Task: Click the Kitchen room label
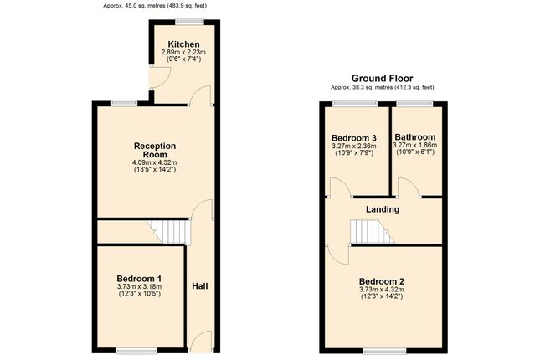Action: [183, 44]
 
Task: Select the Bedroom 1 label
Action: [139, 279]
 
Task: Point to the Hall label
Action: [200, 286]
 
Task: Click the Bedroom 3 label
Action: [353, 137]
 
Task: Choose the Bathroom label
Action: [415, 137]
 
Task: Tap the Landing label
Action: [383, 209]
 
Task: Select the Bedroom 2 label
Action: [382, 281]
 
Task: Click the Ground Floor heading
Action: [383, 78]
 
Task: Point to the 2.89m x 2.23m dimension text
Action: [183, 53]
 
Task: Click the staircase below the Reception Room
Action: [169, 229]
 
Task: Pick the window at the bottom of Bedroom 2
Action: [383, 348]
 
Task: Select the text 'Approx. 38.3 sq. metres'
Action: [360, 87]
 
